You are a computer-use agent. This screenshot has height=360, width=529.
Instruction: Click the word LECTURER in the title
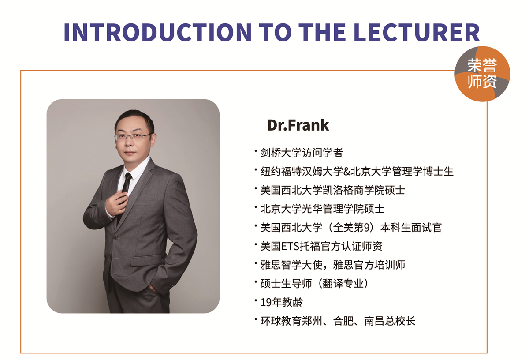point(417,32)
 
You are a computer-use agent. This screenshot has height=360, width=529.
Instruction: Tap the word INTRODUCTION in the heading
point(157,32)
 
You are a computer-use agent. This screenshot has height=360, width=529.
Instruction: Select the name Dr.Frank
point(298,125)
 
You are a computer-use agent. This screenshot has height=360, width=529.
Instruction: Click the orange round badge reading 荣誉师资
point(482,74)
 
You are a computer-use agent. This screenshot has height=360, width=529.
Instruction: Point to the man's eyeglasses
point(134,137)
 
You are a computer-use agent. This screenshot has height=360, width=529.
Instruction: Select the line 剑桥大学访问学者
point(302,153)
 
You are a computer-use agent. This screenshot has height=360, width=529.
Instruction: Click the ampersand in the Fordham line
point(346,172)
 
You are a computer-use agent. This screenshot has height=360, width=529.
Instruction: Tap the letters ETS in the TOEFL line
point(290,246)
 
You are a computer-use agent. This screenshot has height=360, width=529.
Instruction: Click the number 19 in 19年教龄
point(266,302)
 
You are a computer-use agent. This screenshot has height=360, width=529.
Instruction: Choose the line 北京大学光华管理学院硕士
point(322,209)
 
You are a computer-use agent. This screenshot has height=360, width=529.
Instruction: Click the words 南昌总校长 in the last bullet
point(390,321)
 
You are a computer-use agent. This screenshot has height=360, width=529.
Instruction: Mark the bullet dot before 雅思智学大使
point(256,262)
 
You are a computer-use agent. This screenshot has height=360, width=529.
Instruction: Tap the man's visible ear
point(154,140)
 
